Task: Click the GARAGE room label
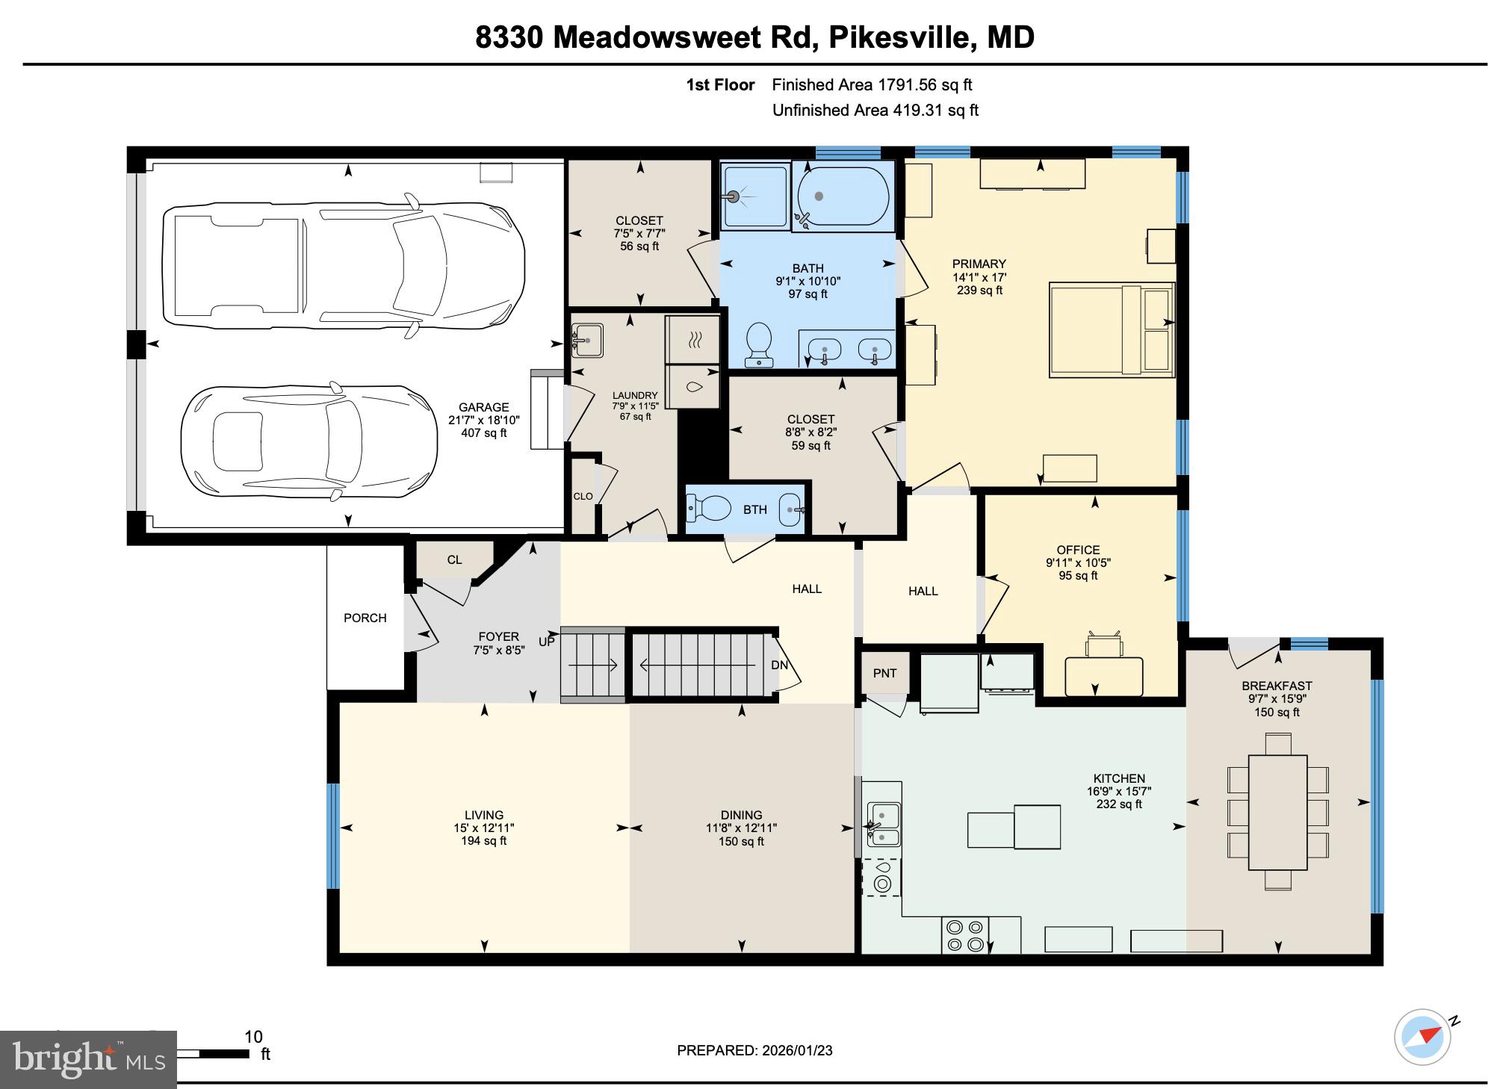[x=483, y=407]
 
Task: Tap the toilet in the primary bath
[x=760, y=345]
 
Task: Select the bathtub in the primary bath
[x=843, y=196]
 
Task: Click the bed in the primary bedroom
[x=1111, y=329]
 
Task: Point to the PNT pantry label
[x=884, y=673]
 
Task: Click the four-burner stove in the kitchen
[x=964, y=935]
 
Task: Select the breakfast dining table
[x=1277, y=812]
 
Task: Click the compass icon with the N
[x=1422, y=1037]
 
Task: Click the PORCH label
[x=365, y=618]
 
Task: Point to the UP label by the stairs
[x=547, y=642]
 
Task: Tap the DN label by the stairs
[x=779, y=665]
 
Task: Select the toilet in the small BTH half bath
[x=710, y=509]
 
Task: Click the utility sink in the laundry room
[x=587, y=341]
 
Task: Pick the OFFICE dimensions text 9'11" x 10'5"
[x=1078, y=562]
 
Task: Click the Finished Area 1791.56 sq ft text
[x=872, y=85]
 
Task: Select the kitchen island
[x=1014, y=827]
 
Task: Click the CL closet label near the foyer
[x=454, y=559]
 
